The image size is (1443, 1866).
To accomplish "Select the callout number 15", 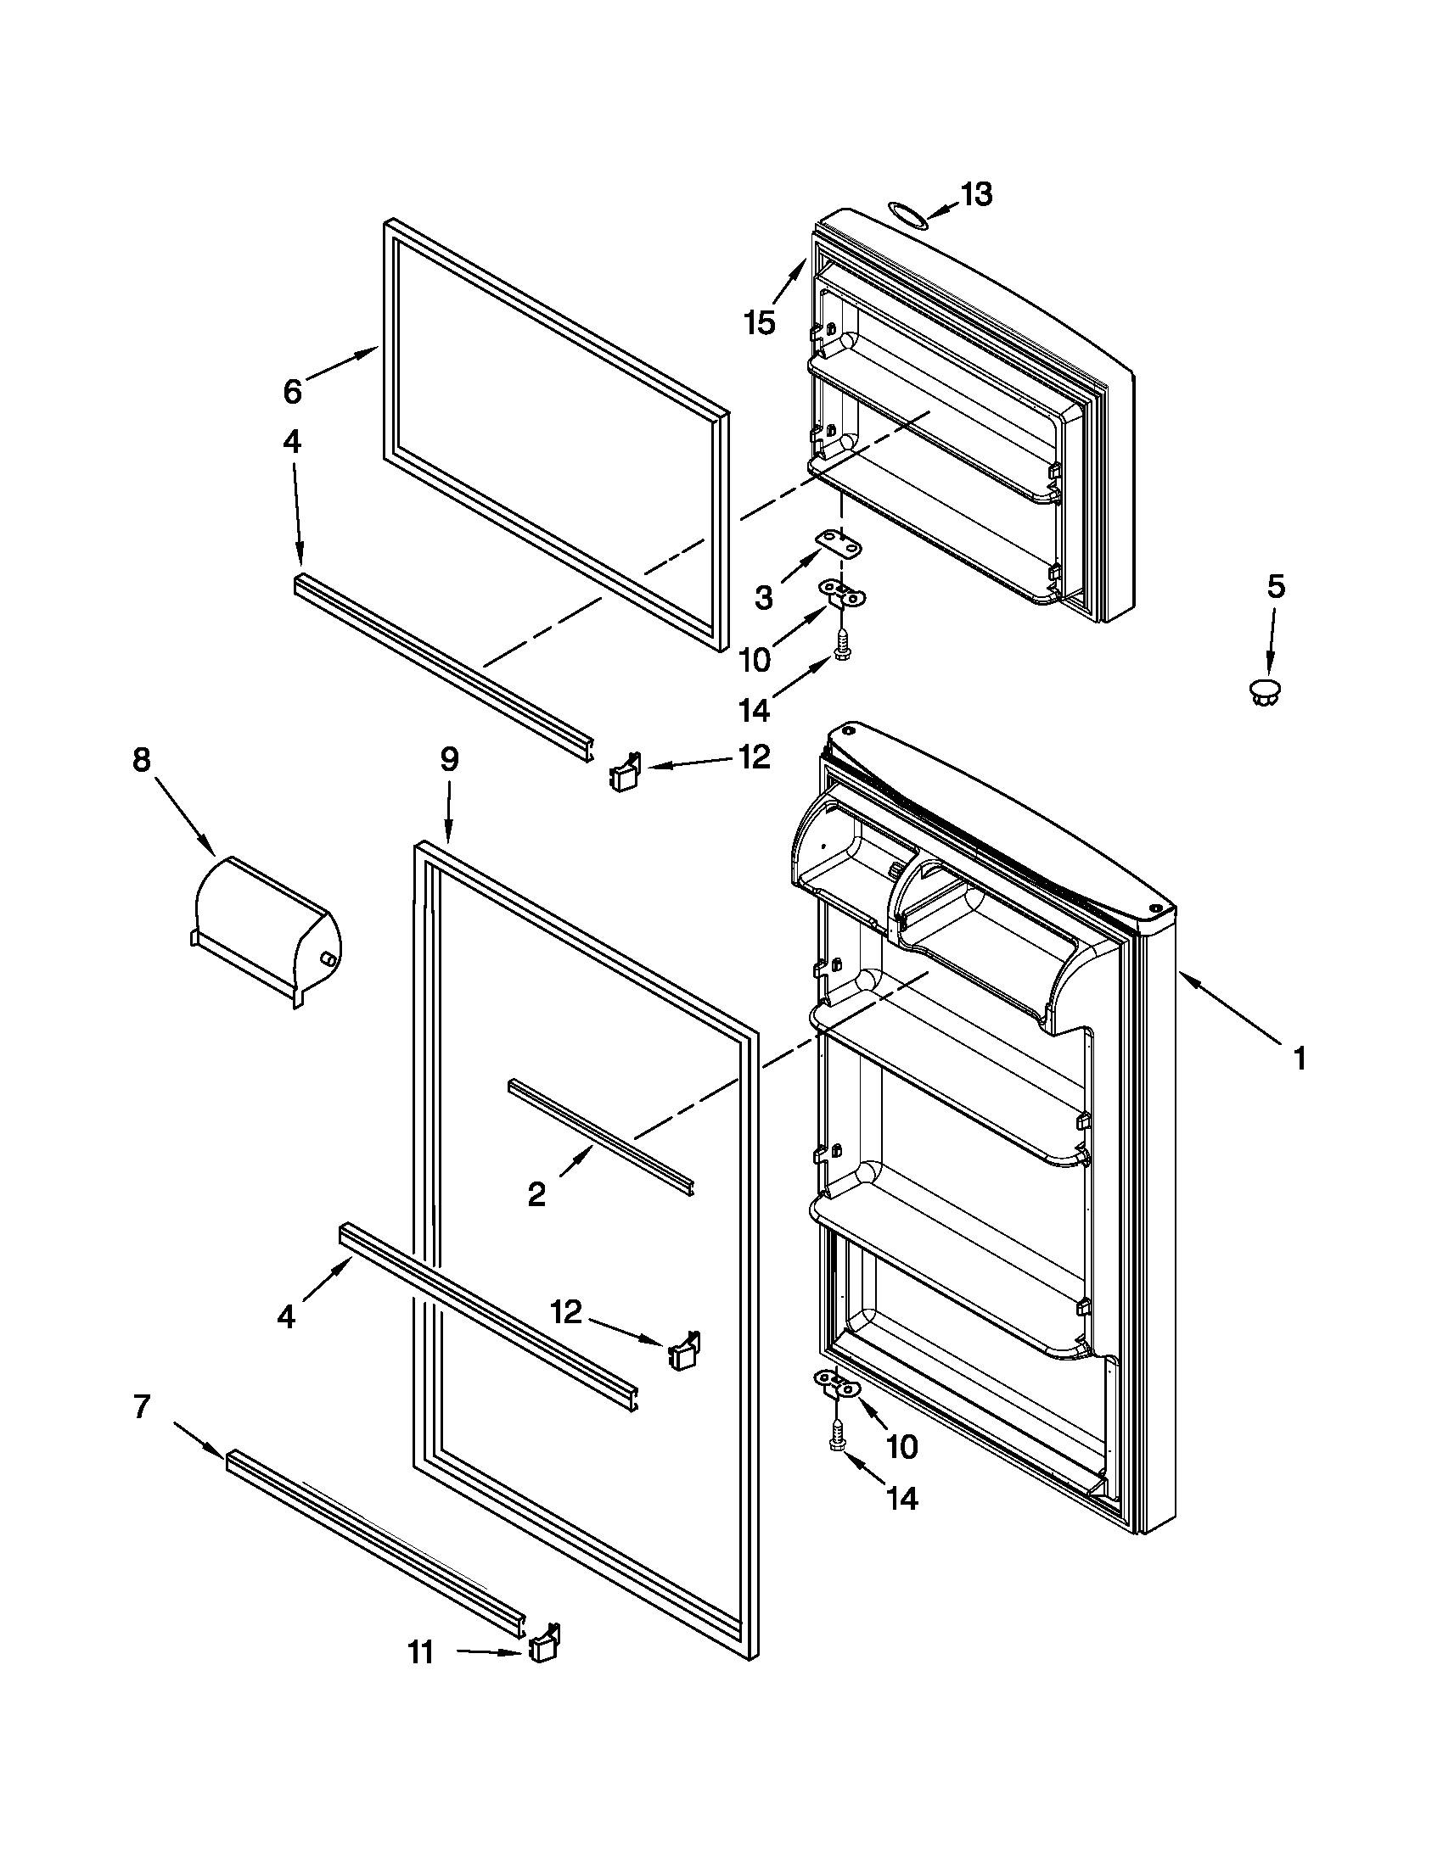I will click(x=759, y=322).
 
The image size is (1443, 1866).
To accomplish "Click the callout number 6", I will click(x=292, y=392).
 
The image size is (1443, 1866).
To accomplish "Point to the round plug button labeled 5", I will click(x=1266, y=692).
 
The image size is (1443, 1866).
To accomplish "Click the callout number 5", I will click(x=1275, y=586).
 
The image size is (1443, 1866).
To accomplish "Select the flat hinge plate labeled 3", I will click(x=839, y=543).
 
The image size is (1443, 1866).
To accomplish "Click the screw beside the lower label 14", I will click(x=838, y=1435).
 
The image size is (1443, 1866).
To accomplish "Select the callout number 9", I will click(x=449, y=759).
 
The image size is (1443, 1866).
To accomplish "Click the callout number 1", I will click(x=1300, y=1059).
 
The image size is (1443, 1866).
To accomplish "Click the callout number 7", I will click(x=142, y=1406).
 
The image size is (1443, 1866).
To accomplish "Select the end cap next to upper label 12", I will click(x=625, y=774).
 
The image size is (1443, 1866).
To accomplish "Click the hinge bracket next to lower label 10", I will click(x=834, y=1383).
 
